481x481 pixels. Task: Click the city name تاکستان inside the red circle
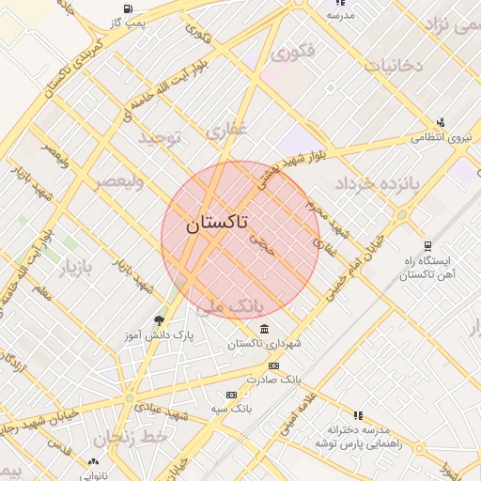[x=217, y=223]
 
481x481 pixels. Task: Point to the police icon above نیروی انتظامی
[x=441, y=122]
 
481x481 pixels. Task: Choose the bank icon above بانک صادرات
[x=273, y=365]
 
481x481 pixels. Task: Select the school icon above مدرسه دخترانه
[x=358, y=414]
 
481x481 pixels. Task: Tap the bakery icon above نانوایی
[x=92, y=461]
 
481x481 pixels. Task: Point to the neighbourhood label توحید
[x=159, y=138]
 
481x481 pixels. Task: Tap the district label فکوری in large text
[x=292, y=54]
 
